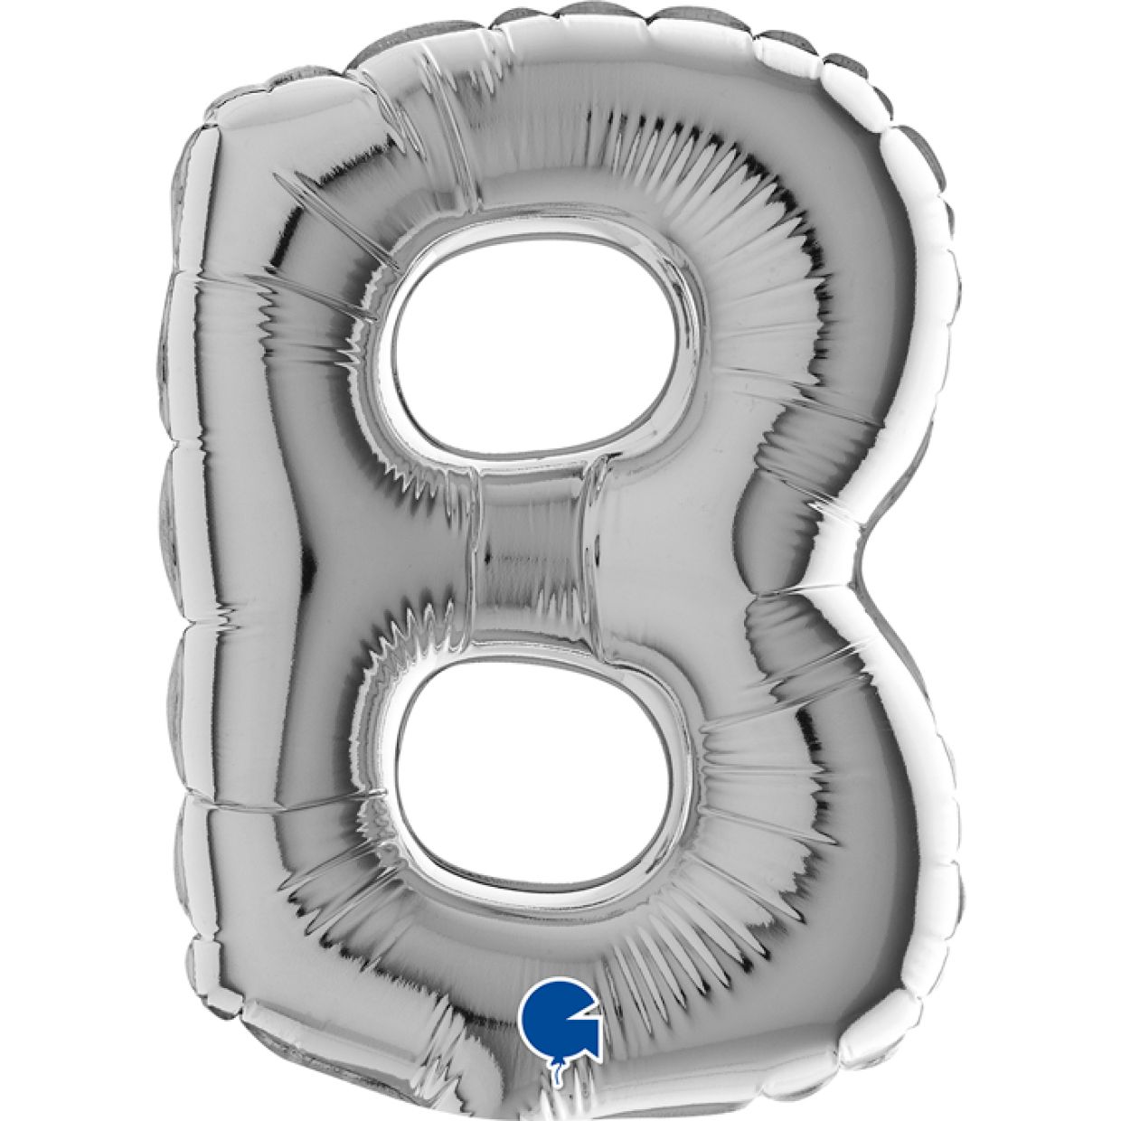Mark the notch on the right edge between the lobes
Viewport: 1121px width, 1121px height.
coord(863,542)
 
